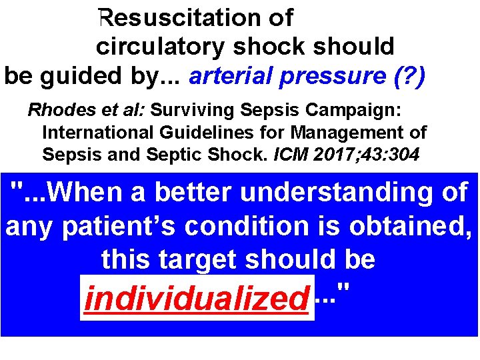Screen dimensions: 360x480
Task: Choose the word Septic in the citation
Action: pyautogui.click(x=197, y=155)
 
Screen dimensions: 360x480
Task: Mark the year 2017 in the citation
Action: pyautogui.click(x=326, y=155)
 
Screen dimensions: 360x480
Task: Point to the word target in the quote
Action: pyautogui.click(x=200, y=260)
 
